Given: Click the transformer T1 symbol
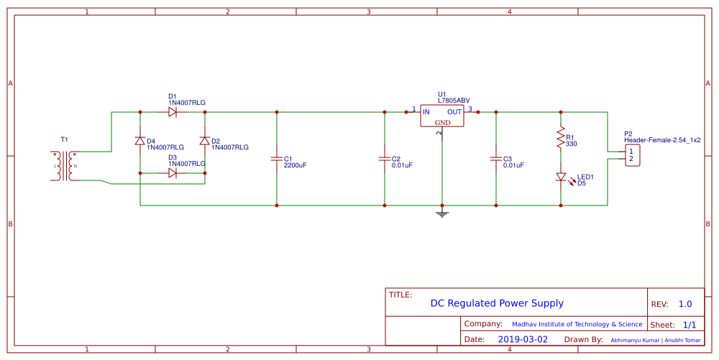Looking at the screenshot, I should pyautogui.click(x=63, y=166).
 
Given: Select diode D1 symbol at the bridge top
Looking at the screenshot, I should pyautogui.click(x=172, y=112).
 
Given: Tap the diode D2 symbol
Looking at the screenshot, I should pyautogui.click(x=204, y=141).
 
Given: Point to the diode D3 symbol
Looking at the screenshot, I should pyautogui.click(x=172, y=173).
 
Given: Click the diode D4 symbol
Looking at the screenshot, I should pyautogui.click(x=139, y=141).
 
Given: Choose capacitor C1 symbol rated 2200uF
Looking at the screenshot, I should pyautogui.click(x=277, y=159).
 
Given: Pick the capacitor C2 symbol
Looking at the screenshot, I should pyautogui.click(x=385, y=159).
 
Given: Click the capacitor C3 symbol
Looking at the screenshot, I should pyautogui.click(x=495, y=159).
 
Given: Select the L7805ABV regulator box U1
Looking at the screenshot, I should pyautogui.click(x=442, y=116).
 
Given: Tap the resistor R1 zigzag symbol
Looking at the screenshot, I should pyautogui.click(x=560, y=139).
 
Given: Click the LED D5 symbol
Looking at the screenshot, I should pyautogui.click(x=560, y=177).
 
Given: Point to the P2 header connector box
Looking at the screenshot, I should pyautogui.click(x=631, y=155).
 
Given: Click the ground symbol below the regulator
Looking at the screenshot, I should pyautogui.click(x=442, y=213).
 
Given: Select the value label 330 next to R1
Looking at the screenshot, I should pyautogui.click(x=571, y=144).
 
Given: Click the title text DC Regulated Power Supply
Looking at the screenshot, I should pyautogui.click(x=497, y=303).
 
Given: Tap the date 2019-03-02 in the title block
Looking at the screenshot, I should pyautogui.click(x=522, y=339).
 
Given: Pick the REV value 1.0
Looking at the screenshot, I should pyautogui.click(x=684, y=304).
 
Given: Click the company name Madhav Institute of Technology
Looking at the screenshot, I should pyautogui.click(x=577, y=325).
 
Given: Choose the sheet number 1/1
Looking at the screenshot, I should pyautogui.click(x=689, y=325).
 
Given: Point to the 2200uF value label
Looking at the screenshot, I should pyautogui.click(x=295, y=165).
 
